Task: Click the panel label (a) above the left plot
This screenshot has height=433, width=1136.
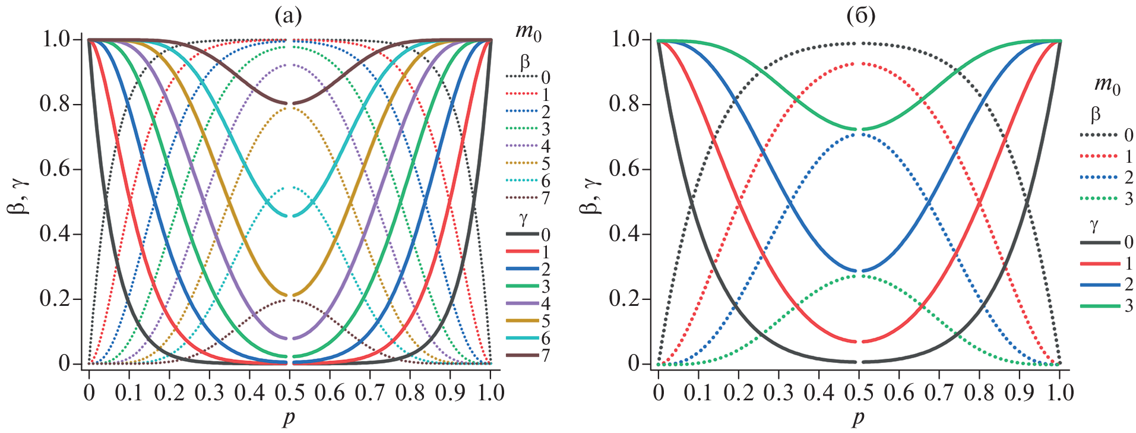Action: point(288,17)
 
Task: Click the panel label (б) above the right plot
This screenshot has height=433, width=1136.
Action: point(860,17)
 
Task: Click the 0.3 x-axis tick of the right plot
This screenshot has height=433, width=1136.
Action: point(779,393)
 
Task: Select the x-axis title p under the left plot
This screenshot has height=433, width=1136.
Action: point(289,418)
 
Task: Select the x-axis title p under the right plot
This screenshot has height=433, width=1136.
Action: point(859,418)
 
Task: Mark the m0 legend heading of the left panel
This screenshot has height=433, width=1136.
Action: point(529,31)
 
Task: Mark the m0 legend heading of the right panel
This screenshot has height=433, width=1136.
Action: point(1107,85)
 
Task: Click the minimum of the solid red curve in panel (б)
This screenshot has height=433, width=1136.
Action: point(859,342)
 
